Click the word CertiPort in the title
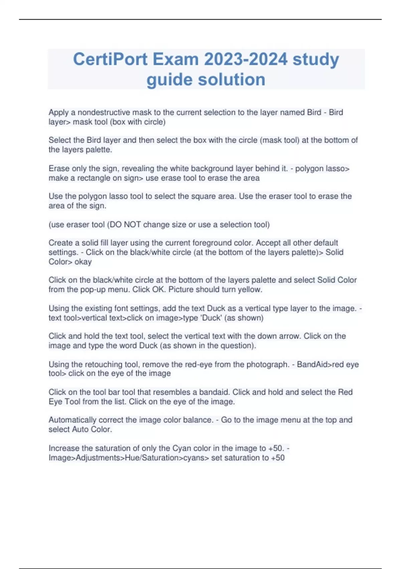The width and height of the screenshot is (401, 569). click(110, 59)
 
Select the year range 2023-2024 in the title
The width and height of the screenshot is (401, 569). click(246, 59)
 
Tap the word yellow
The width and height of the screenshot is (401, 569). click(250, 290)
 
